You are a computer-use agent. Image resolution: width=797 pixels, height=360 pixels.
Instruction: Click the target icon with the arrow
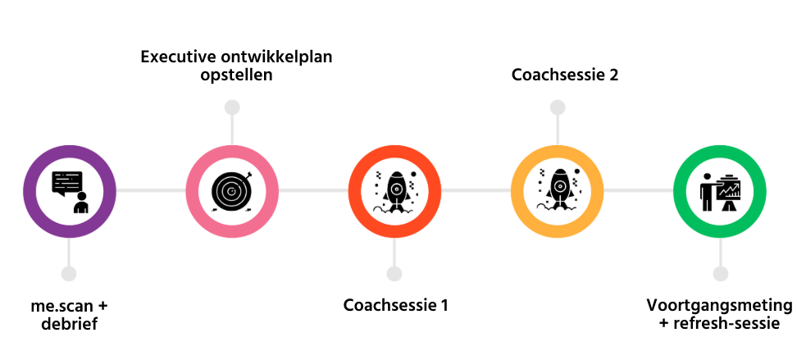[x=232, y=191]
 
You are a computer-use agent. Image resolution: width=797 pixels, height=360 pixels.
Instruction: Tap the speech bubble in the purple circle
[x=67, y=182]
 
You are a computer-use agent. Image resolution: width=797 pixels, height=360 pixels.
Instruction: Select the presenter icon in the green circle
[x=720, y=193]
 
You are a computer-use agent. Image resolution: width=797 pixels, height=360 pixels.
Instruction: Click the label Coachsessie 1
[x=395, y=306]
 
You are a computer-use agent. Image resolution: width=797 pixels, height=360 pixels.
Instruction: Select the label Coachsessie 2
[x=565, y=75]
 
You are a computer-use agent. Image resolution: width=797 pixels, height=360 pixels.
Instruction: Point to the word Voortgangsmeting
[x=719, y=306]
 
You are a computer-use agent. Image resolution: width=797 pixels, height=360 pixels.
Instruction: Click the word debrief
[x=69, y=324]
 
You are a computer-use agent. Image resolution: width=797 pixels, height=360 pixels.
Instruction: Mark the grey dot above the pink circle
[x=232, y=107]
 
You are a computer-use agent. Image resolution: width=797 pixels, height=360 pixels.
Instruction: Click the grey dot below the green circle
[x=720, y=274]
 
